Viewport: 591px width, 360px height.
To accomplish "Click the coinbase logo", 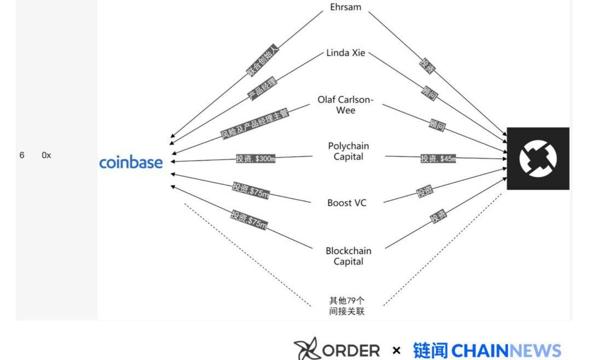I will pyautogui.click(x=131, y=162).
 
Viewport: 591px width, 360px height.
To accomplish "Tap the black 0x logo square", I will pyautogui.click(x=538, y=159).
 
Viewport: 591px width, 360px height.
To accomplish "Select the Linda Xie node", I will pyautogui.click(x=346, y=53).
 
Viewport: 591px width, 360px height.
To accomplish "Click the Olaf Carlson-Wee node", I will pyautogui.click(x=346, y=105).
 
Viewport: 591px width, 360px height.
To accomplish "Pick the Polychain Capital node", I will pyautogui.click(x=349, y=151).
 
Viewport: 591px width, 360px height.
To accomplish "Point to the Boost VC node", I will pyautogui.click(x=347, y=203).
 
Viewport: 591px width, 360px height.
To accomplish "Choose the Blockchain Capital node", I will pyautogui.click(x=349, y=256).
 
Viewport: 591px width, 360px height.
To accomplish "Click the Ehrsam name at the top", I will pyautogui.click(x=346, y=7).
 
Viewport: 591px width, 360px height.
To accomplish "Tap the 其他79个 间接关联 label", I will pyautogui.click(x=347, y=306).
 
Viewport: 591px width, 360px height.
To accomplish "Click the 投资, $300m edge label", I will pyautogui.click(x=256, y=159).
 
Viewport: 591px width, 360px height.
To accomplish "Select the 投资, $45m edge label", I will pyautogui.click(x=438, y=159).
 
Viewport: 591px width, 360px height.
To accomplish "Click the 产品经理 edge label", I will pyautogui.click(x=263, y=88).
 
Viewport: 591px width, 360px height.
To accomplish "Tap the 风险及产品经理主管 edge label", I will pyautogui.click(x=254, y=122).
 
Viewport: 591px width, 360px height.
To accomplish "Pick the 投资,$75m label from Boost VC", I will pyautogui.click(x=250, y=190).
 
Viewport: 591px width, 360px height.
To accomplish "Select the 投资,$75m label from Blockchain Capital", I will pyautogui.click(x=249, y=219).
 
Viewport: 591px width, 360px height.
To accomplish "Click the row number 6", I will pyautogui.click(x=22, y=155).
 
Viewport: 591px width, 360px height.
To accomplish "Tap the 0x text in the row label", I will pyautogui.click(x=47, y=155).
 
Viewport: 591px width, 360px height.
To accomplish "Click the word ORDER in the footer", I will pyautogui.click(x=351, y=350).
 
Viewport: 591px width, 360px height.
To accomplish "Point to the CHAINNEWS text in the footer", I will pyautogui.click(x=507, y=351).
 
